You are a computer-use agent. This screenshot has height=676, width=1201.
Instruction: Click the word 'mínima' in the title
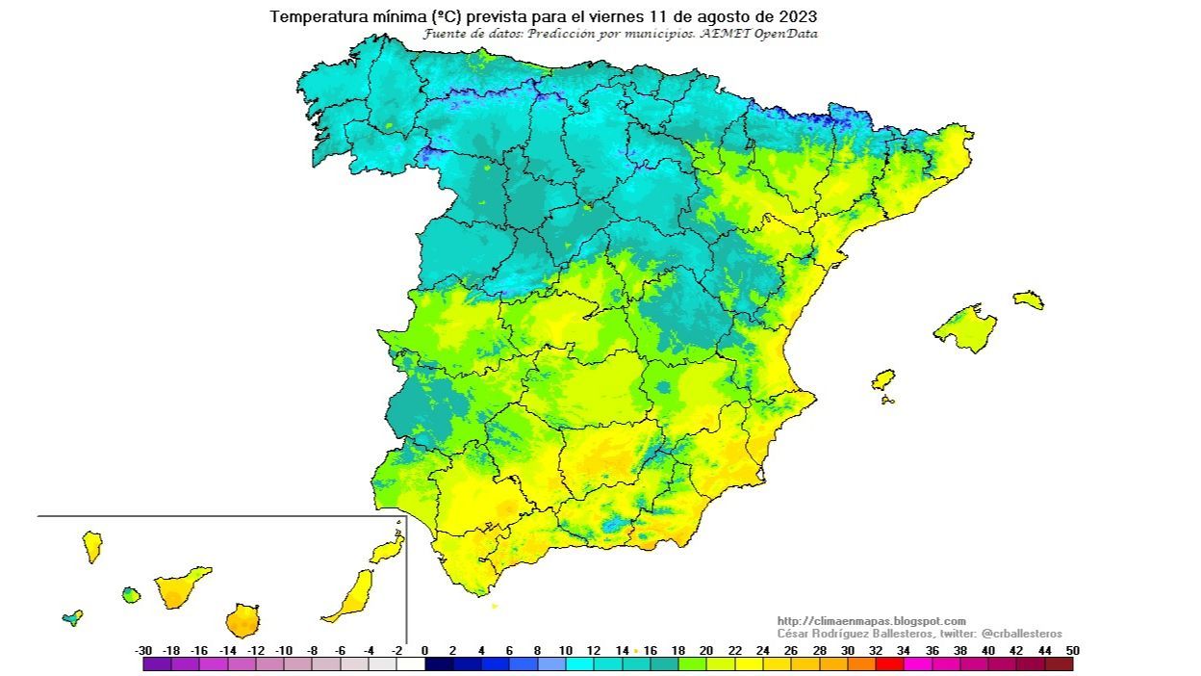click(402, 17)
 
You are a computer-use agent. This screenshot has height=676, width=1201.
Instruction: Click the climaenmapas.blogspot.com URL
click(871, 621)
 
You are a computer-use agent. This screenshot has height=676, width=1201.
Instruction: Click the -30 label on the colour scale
click(144, 650)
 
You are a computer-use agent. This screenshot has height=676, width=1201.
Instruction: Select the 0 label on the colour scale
click(425, 650)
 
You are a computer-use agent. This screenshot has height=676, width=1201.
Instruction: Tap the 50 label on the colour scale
click(1072, 650)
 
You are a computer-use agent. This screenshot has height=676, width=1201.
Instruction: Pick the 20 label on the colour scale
click(706, 650)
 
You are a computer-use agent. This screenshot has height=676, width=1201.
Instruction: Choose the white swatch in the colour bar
click(411, 663)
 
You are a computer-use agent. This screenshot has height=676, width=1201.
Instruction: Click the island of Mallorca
click(965, 328)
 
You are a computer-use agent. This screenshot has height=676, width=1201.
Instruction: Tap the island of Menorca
click(1028, 299)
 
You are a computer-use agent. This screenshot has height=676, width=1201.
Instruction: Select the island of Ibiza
click(882, 379)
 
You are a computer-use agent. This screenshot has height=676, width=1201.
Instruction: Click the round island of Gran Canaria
click(243, 621)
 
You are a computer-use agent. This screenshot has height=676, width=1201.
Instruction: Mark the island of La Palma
click(92, 546)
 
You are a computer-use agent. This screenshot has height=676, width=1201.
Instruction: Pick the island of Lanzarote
click(387, 550)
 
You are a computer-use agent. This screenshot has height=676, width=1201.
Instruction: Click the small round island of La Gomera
click(131, 595)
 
